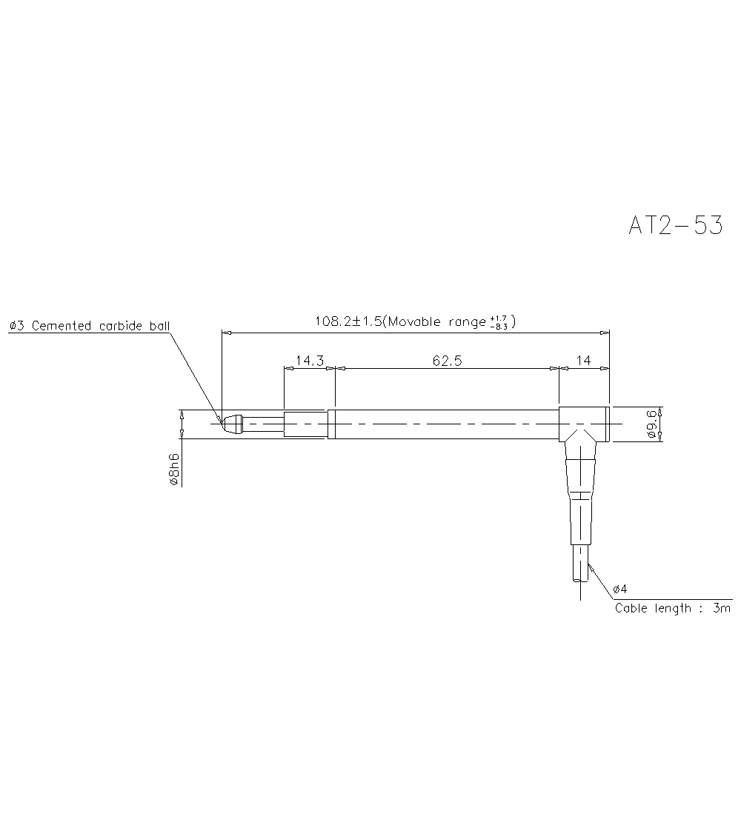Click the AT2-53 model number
pos(675,225)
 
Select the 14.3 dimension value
pos(310,361)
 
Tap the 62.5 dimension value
pos(448,361)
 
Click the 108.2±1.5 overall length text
pos(348,321)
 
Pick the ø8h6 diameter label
pos(174,469)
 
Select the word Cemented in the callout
pos(62,325)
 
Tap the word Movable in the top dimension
pos(416,321)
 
